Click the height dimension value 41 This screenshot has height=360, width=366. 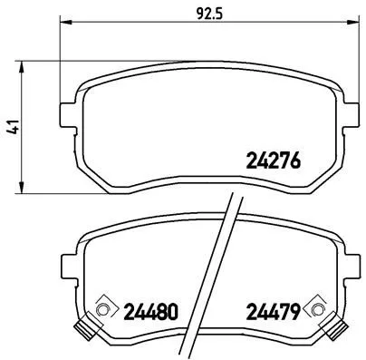click(11, 129)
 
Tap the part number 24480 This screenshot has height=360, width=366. click(149, 311)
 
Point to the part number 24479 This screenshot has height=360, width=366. click(273, 311)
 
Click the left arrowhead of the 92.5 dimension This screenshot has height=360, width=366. click(63, 25)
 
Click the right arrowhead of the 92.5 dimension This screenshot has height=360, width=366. click(345, 25)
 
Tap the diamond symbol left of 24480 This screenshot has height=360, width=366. click(101, 311)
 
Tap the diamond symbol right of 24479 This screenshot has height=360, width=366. click(314, 311)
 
